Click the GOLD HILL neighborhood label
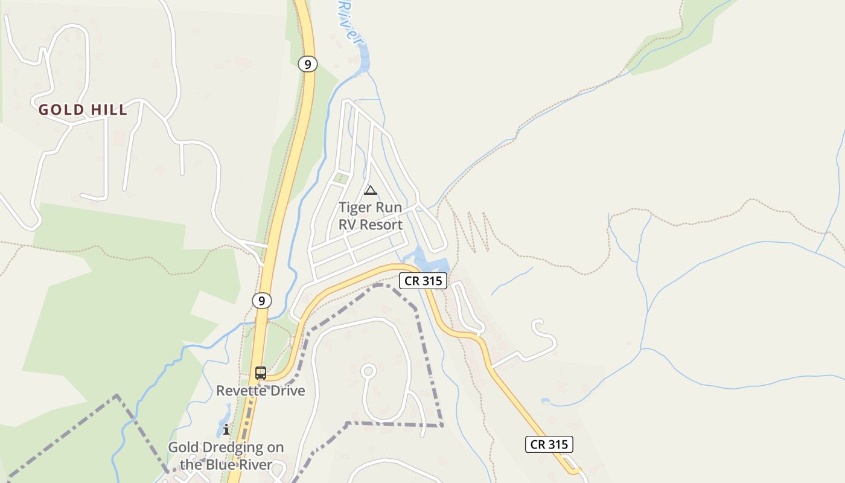coord(83,110)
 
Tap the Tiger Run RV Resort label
coord(370,216)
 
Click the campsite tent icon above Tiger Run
coord(370,191)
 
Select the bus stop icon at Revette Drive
coord(261,373)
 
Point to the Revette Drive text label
coord(261,391)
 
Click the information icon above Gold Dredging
coord(226,429)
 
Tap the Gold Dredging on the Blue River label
coord(226,456)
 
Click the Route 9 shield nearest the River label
coord(307,64)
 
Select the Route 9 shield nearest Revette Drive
coord(261,300)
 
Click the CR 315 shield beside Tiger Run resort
coord(423,281)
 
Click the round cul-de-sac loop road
coord(368,371)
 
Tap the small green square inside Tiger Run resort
coord(342,178)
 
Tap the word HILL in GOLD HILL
coord(109,110)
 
